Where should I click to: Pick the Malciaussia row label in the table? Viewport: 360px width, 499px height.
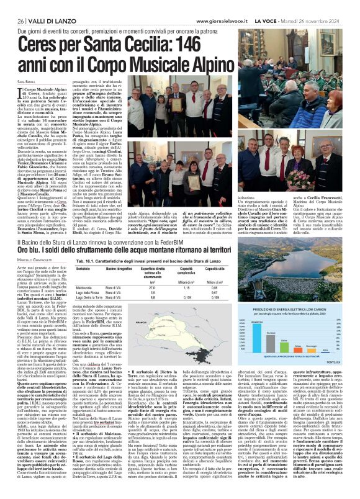point(91,271)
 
